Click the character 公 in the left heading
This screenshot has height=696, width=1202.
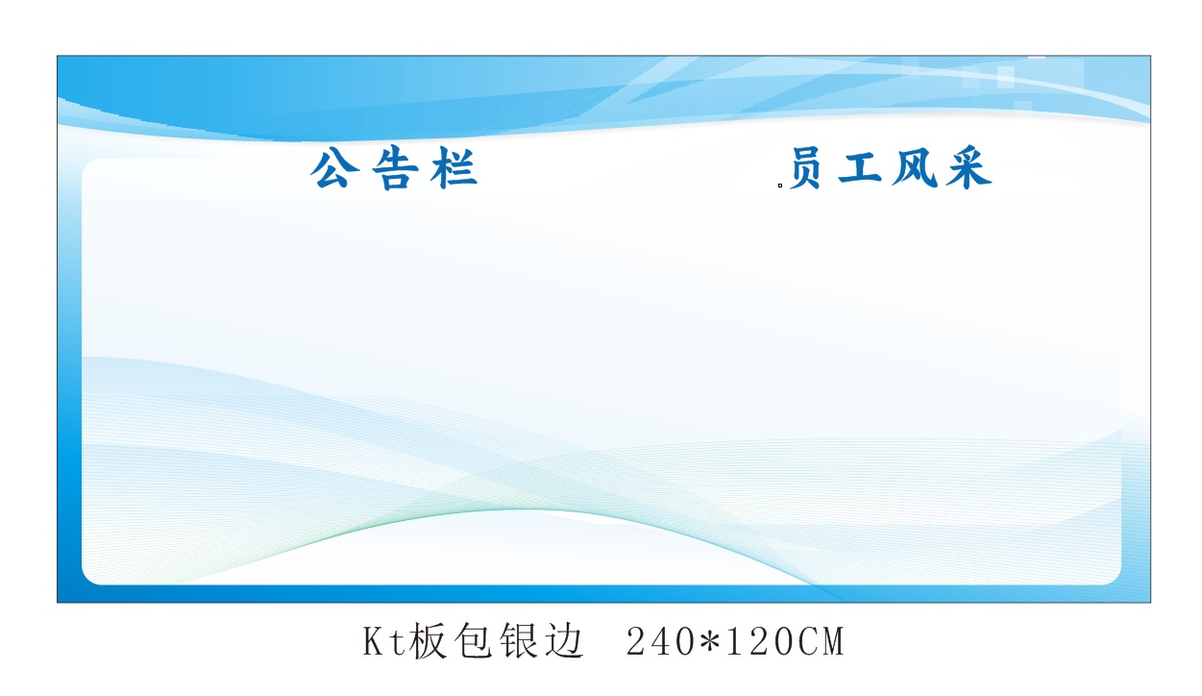pyautogui.click(x=334, y=168)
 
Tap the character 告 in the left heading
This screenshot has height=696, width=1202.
pyautogui.click(x=396, y=168)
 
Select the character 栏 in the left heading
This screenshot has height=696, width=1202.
pyautogui.click(x=454, y=168)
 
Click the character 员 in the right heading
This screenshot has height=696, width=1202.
pyautogui.click(x=806, y=168)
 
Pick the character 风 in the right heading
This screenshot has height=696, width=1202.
pyautogui.click(x=915, y=168)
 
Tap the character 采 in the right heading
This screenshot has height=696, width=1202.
pyautogui.click(x=969, y=168)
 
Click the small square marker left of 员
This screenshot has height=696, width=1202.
pyautogui.click(x=780, y=186)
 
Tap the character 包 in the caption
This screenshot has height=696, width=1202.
pyautogui.click(x=473, y=641)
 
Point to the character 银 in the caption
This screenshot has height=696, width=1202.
pyautogui.click(x=518, y=641)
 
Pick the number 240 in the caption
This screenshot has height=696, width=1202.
pyautogui.click(x=660, y=642)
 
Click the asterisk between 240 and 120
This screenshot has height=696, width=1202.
pyautogui.click(x=710, y=640)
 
